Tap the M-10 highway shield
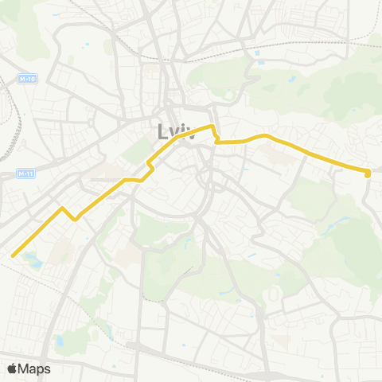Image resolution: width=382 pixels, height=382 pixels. [28, 79]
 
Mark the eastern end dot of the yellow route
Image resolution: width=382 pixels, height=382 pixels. [368, 173]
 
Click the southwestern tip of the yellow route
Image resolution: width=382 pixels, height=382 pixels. [13, 255]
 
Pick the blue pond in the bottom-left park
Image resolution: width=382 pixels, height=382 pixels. [58, 341]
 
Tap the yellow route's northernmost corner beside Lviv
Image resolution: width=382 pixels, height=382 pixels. [212, 126]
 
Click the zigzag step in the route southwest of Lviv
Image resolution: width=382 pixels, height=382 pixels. [149, 164]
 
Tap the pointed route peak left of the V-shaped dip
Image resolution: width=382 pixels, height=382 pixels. [62, 208]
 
